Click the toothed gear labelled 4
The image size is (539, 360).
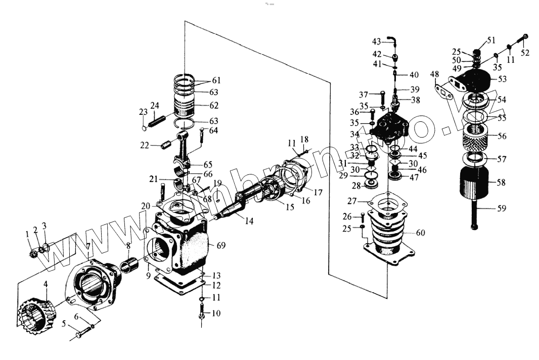(36, 316)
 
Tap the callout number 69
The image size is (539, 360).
(221, 246)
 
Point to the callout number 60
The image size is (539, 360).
(420, 233)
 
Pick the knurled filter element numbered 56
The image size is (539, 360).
(476, 137)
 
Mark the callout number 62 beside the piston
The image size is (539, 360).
(214, 105)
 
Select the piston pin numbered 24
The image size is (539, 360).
(156, 120)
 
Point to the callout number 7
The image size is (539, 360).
(88, 246)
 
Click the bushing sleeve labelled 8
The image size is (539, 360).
(129, 266)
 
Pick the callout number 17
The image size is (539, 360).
(319, 192)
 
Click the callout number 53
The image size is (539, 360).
(502, 79)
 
